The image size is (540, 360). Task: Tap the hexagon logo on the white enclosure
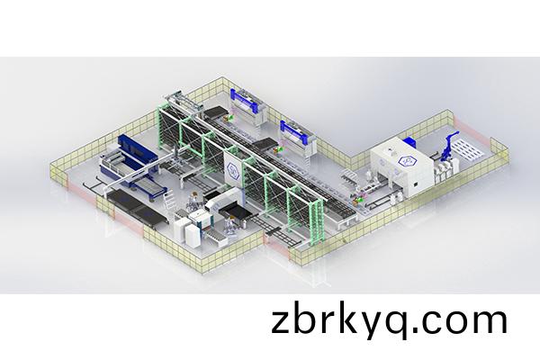coord(406,160)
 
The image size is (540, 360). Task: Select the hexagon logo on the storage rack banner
coord(233,166)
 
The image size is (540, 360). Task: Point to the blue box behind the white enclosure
coord(409,141)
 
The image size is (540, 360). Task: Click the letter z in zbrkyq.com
coord(280,322)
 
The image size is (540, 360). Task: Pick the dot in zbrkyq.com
coord(414,329)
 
